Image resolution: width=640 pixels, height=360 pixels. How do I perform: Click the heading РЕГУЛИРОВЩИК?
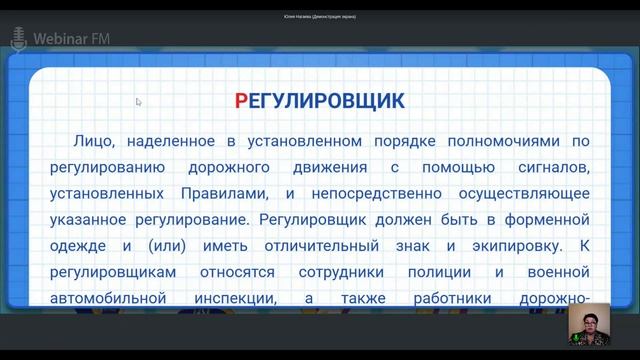(320, 101)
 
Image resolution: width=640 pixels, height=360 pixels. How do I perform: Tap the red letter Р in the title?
(241, 101)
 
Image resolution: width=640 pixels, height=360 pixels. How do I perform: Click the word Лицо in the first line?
(94, 141)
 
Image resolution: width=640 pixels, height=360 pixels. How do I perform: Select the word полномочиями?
(504, 141)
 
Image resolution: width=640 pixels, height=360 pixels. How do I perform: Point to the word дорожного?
(229, 168)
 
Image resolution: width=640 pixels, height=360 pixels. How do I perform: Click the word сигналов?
(554, 168)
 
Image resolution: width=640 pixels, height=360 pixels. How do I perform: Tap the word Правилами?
(225, 193)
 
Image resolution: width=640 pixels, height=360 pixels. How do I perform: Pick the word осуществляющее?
(524, 194)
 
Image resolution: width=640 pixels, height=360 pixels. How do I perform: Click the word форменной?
(547, 220)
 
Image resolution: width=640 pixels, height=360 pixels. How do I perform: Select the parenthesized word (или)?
(167, 246)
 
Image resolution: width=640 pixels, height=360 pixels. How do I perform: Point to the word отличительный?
(322, 246)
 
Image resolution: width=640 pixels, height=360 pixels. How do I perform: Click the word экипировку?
(517, 246)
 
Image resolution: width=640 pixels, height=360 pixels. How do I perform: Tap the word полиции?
(440, 272)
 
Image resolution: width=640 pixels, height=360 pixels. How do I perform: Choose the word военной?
(558, 272)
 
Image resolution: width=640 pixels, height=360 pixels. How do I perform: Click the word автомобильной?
(108, 298)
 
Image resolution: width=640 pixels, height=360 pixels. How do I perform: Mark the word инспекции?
(236, 299)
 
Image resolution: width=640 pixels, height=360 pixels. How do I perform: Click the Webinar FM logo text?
(72, 39)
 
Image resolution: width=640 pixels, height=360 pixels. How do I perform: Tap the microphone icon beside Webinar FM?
(18, 40)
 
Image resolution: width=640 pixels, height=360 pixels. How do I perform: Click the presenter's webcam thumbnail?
(589, 324)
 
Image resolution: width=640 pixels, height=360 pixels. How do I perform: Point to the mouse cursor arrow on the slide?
(138, 102)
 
